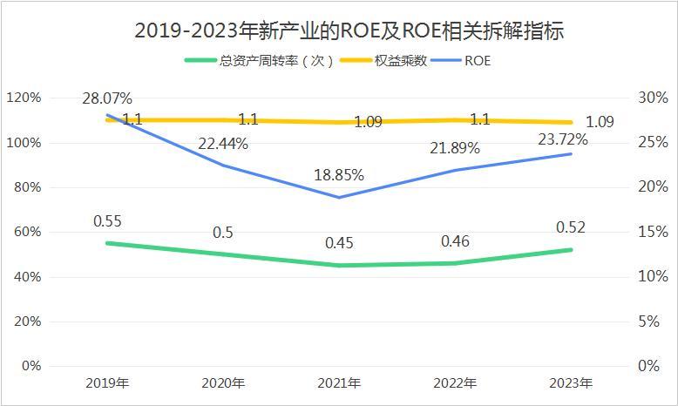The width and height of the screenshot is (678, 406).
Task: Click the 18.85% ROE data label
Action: click(339, 174)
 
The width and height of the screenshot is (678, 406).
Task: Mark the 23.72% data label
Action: click(563, 139)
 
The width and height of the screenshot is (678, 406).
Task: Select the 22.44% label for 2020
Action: click(223, 144)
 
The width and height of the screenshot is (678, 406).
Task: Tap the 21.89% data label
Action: click(455, 148)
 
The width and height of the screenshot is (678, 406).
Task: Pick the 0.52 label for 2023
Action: click(569, 228)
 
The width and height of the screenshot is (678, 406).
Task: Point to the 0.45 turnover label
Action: click(339, 243)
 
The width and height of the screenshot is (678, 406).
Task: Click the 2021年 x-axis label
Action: click(339, 383)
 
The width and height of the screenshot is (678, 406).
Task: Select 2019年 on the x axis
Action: click(107, 383)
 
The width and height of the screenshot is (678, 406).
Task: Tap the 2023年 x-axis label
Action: click(571, 383)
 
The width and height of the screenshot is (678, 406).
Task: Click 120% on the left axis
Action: click(23, 98)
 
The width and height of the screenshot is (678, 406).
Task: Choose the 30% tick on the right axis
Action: click(645, 98)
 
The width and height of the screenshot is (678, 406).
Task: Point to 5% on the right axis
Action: click(648, 321)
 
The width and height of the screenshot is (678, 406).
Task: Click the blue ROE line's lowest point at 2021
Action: click(339, 197)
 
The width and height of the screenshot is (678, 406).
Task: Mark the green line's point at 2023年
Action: click(571, 250)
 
